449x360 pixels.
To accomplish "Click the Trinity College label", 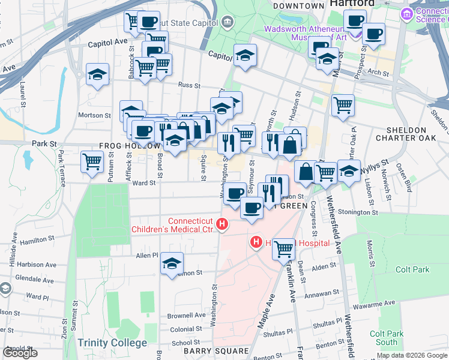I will (112, 343).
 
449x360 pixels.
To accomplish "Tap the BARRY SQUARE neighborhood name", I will (208, 351).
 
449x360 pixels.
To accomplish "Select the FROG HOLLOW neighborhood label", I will (130, 146).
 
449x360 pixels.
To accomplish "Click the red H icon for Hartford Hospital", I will (256, 242).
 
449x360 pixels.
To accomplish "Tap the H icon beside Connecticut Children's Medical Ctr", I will (222, 225).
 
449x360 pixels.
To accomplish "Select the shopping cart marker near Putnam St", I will (92, 161).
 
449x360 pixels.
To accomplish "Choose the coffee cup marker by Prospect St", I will (373, 34).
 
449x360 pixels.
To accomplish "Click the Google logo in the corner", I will (20, 353).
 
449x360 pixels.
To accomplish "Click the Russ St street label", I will (188, 85).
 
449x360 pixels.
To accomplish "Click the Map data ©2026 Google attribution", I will (411, 355).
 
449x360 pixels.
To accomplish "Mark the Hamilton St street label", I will (37, 239).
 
